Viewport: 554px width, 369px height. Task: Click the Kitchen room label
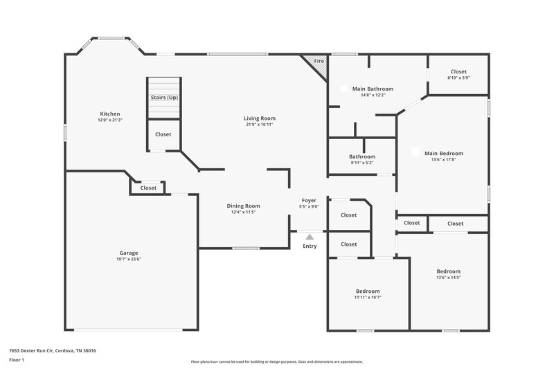110,114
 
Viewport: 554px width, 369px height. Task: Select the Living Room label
259,118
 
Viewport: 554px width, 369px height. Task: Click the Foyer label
308,200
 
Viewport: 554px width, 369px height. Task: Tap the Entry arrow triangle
309,237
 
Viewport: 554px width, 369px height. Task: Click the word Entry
309,245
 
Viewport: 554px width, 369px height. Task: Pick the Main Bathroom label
373,89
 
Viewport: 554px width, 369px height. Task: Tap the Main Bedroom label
443,153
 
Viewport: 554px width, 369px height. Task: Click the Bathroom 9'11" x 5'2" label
361,156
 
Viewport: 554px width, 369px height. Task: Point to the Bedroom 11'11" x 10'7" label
367,291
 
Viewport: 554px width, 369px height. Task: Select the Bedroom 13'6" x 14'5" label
448,271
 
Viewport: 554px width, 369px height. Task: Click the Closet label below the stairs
163,134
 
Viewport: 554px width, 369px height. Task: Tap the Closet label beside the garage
149,188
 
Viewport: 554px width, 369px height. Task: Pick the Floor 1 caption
17,361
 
